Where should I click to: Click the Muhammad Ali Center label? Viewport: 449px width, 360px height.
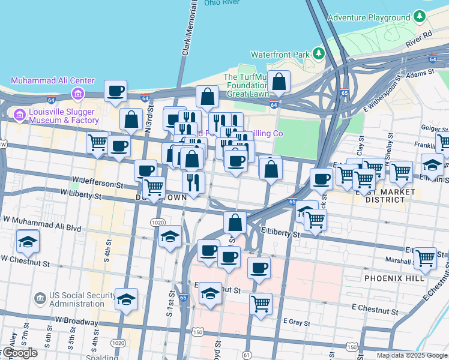pos(53,80)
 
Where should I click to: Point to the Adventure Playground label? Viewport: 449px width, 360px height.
pos(369,17)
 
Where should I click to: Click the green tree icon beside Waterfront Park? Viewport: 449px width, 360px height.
pos(319,54)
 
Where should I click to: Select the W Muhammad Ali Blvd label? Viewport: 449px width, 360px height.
pos(41,222)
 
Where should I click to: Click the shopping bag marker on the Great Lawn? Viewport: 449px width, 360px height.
pos(279,82)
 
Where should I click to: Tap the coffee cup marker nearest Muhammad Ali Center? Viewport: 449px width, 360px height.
pos(115,91)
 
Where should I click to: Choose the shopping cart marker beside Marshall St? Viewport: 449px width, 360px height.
pos(425,258)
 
